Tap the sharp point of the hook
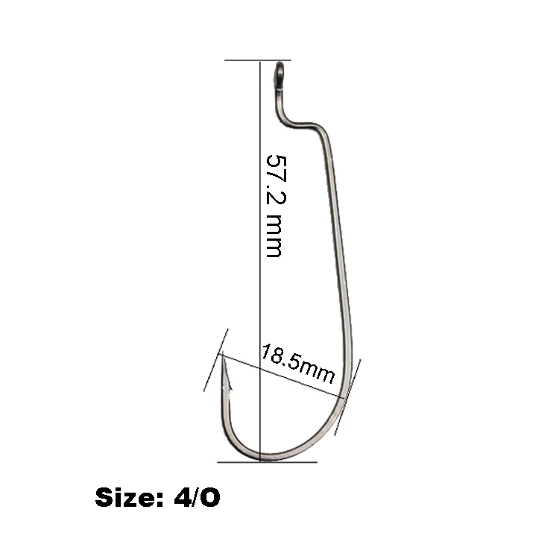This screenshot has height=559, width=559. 222,356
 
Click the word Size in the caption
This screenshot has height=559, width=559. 122,498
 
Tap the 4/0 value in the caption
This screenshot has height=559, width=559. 196,498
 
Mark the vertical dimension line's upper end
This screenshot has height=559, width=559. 259,61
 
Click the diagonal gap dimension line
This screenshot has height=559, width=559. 283,377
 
